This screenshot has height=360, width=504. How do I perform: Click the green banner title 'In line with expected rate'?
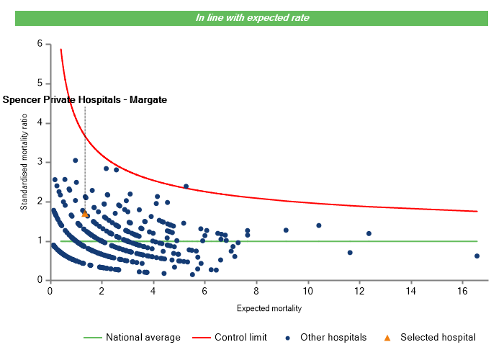253,17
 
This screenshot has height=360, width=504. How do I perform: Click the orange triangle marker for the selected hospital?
85,214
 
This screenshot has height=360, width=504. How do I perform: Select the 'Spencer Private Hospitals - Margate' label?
85,100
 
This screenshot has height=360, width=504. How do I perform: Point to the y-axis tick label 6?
39,44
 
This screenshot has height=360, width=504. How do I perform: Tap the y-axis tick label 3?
39,162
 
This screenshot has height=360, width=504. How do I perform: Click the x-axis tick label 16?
462,291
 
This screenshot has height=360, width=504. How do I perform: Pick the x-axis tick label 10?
307,291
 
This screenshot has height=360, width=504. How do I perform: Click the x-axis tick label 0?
50,291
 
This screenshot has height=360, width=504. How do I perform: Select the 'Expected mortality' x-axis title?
269,309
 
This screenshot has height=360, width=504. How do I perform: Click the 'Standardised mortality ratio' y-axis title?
24,161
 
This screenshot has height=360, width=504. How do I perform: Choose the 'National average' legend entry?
138,337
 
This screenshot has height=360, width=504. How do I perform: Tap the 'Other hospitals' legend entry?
331,337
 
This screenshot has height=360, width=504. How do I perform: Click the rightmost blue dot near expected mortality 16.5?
477,256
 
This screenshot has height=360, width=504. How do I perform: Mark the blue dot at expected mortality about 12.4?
369,233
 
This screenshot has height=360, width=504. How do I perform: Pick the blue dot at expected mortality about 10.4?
319,225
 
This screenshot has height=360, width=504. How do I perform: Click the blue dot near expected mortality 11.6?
350,253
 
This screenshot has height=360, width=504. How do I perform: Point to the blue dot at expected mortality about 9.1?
286,230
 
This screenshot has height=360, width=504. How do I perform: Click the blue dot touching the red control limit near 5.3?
186,186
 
